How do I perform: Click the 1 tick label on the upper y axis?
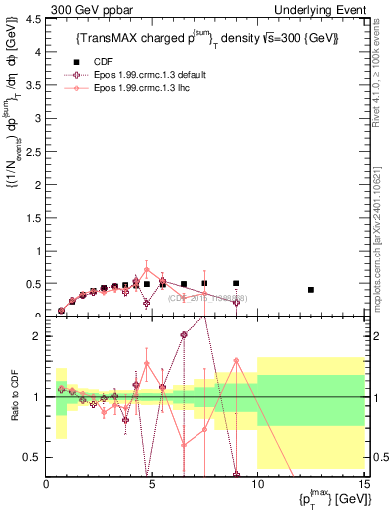pyautogui.click(x=38, y=251)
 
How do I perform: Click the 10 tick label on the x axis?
pyautogui.click(x=257, y=484)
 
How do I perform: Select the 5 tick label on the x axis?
pyautogui.click(x=152, y=484)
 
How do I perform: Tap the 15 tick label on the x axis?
pyautogui.click(x=362, y=484)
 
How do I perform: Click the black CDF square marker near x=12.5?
pyautogui.click(x=311, y=290)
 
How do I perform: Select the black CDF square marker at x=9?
pyautogui.click(x=236, y=284)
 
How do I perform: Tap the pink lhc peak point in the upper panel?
pyautogui.click(x=147, y=269)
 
